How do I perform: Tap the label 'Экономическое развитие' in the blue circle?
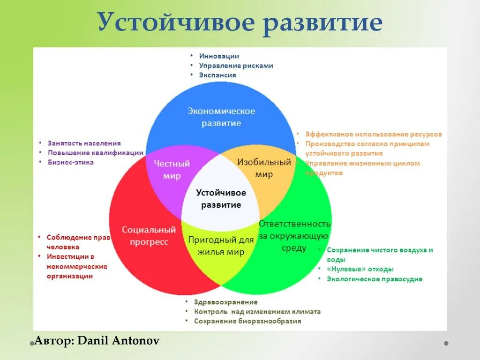point(221,117)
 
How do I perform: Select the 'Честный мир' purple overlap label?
point(172,170)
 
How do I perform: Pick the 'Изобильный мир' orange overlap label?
point(264,168)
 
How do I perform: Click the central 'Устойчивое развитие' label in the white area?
point(221,199)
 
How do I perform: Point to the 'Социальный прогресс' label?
point(149,236)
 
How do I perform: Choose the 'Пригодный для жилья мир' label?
point(221,246)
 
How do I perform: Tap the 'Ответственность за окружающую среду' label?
point(294,236)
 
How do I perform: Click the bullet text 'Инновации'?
point(219,56)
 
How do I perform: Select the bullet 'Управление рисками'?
point(236,66)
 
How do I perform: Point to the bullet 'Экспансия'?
point(217,75)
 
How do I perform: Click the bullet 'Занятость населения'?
point(84,143)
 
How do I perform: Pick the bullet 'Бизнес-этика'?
point(71,162)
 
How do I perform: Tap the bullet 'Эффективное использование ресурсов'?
point(373,134)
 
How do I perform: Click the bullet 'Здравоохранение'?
point(225,302)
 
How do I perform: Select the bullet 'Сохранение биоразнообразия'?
point(247,321)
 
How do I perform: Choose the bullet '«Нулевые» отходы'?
point(360,269)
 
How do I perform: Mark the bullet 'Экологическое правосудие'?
point(375,279)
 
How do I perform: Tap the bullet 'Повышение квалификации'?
point(96,153)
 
